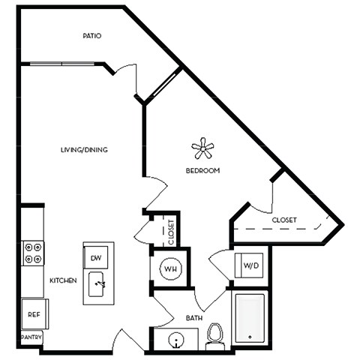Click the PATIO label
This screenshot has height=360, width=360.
93,36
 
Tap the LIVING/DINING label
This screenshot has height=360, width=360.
84,150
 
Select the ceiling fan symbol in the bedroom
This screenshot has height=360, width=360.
202,148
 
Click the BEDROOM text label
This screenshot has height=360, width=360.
202,171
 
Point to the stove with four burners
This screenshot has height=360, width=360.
32,253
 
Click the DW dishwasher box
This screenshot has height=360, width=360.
96,259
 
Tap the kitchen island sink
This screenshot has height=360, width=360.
99,285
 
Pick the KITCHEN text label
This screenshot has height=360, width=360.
64,280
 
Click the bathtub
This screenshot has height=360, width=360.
248,318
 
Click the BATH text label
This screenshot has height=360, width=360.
194,319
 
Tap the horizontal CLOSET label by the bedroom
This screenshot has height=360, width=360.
284,220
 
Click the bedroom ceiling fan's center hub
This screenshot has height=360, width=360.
202,148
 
